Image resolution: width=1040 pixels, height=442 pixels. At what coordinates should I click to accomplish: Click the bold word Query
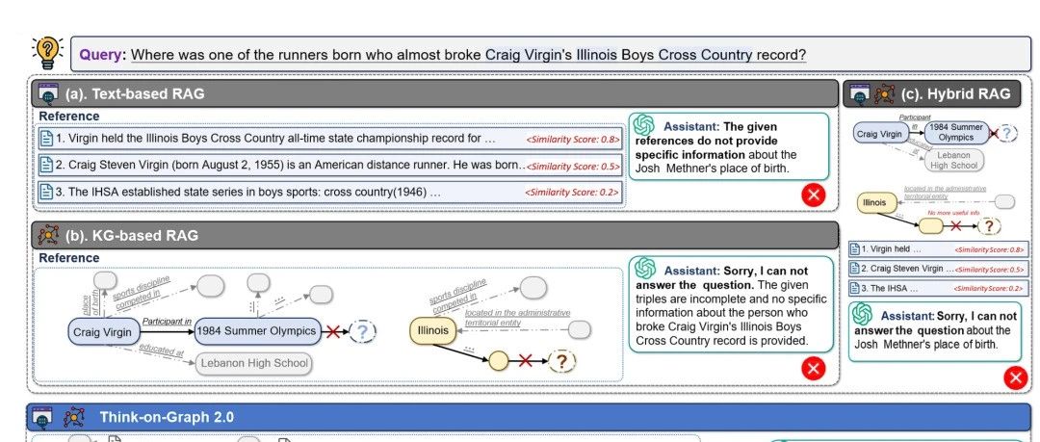[101, 54]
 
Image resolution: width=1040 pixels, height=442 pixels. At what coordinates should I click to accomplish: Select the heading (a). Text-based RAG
[134, 93]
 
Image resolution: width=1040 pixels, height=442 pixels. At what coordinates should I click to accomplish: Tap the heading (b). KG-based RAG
[132, 235]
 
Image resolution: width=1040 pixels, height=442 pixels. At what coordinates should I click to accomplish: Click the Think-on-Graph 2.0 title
[166, 417]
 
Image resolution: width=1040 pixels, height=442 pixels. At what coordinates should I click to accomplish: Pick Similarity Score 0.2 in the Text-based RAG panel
[572, 193]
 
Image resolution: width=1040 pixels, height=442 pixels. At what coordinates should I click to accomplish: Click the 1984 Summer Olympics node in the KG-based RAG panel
[256, 331]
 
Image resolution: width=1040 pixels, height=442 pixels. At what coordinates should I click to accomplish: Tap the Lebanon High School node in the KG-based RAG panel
[254, 363]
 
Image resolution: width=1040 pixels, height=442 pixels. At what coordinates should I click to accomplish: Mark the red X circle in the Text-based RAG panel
[814, 195]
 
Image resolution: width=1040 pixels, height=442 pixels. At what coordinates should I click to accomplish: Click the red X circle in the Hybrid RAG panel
[1015, 377]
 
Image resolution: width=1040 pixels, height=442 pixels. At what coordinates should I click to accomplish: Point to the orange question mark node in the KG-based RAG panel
[561, 362]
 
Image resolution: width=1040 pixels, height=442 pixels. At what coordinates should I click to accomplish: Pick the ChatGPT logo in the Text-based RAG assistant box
[644, 126]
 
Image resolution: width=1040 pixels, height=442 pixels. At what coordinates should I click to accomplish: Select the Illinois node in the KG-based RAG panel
[432, 331]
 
